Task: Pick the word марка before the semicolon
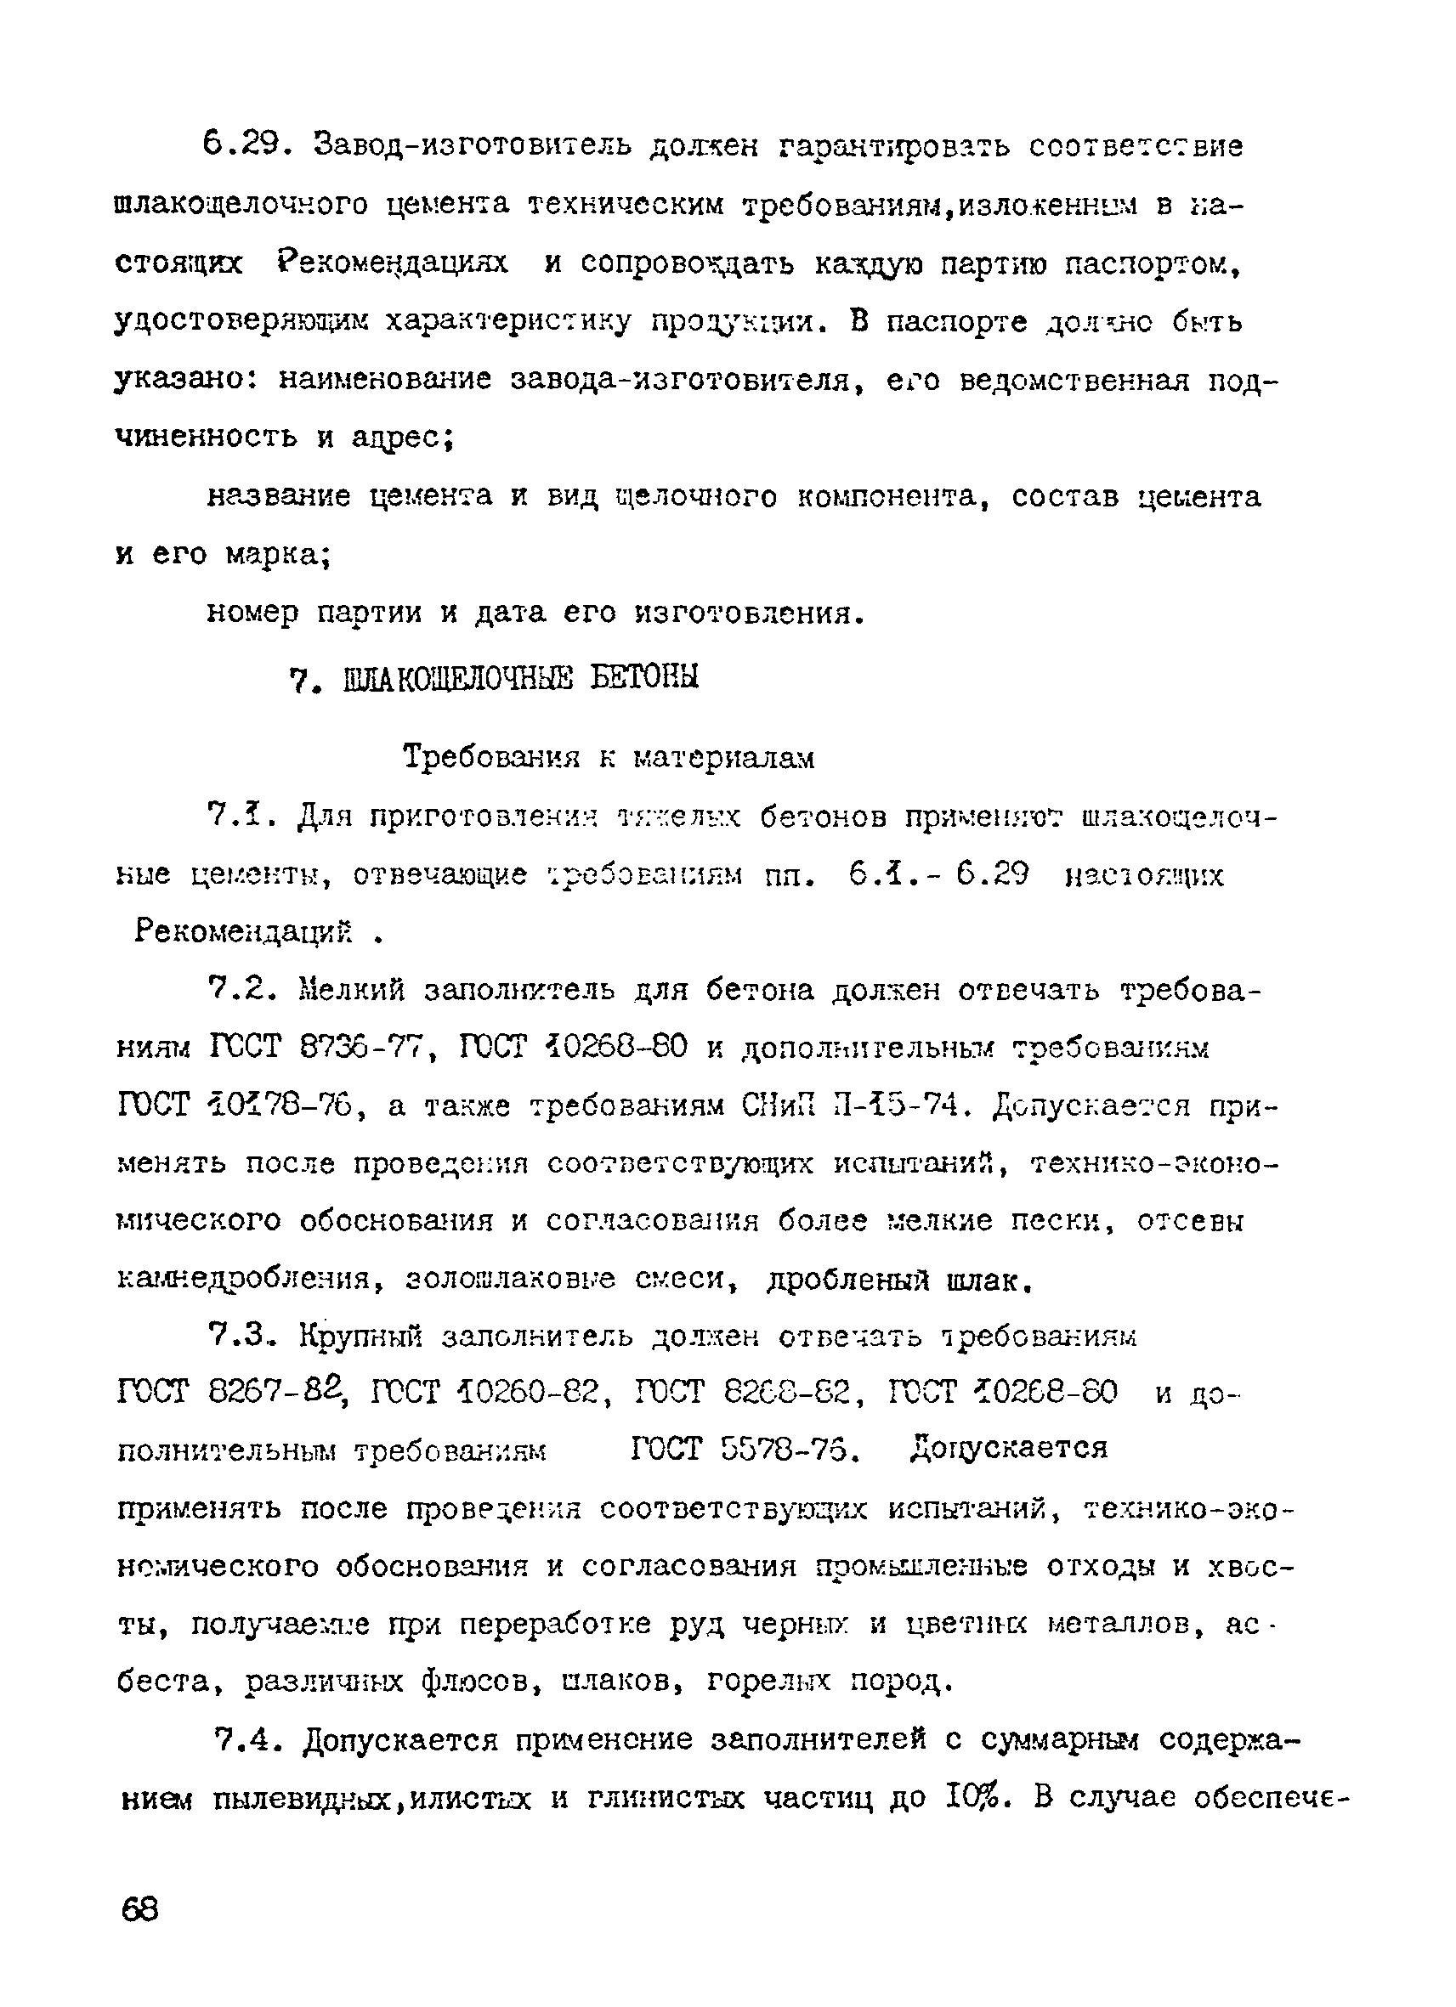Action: click(275, 555)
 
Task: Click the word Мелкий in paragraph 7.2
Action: click(351, 990)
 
